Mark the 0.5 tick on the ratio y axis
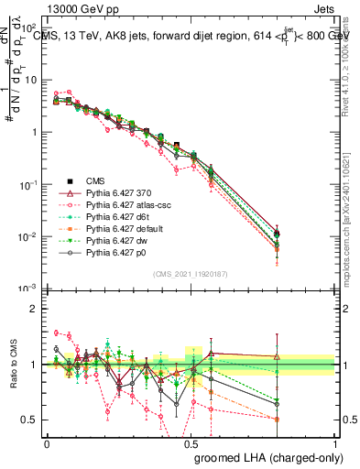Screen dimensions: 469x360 [x=30, y=420]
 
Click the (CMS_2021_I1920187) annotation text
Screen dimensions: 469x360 [x=190, y=274]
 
